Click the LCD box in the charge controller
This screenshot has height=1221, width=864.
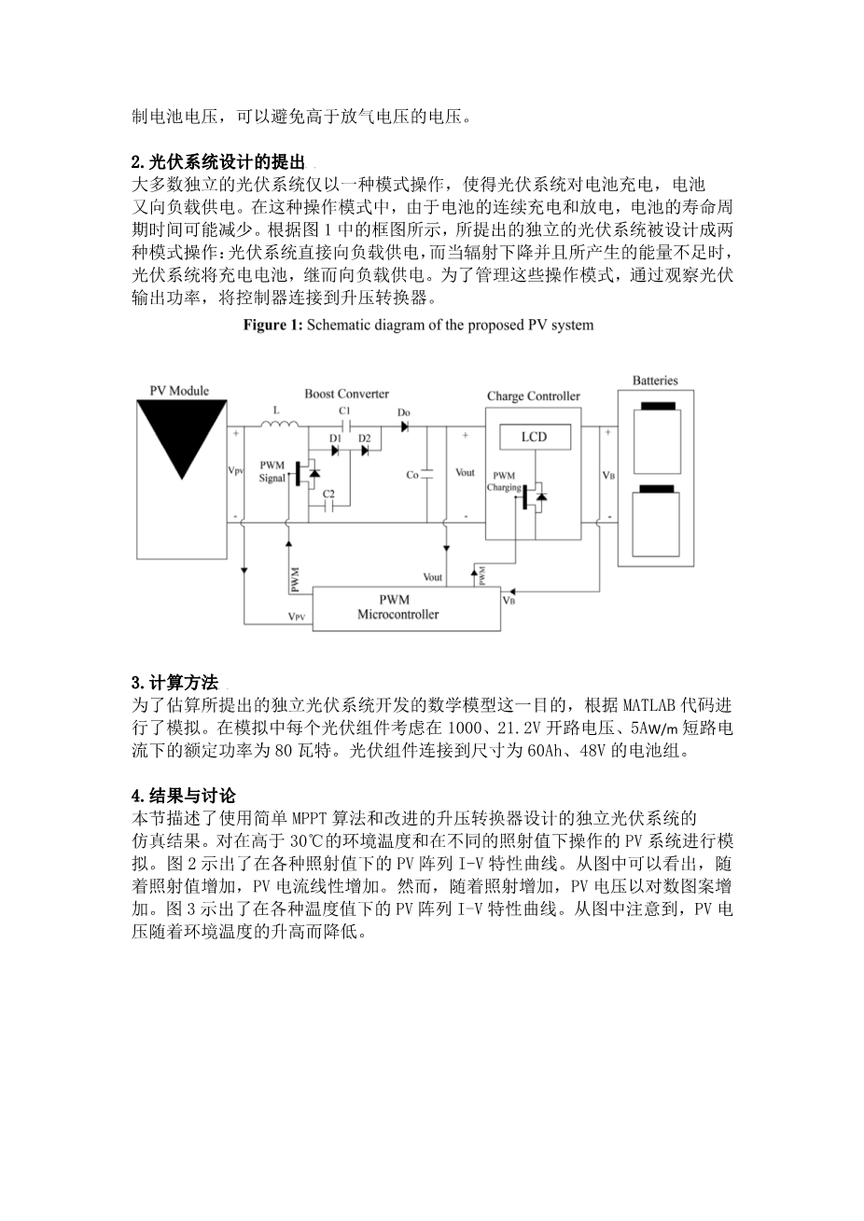(x=534, y=437)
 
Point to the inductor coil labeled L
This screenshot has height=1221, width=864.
(x=278, y=426)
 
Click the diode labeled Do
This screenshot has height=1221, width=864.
(x=404, y=427)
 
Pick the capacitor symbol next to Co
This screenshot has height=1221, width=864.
(x=427, y=474)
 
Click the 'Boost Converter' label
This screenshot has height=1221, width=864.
(x=346, y=394)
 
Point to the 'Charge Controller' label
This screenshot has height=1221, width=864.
(x=533, y=396)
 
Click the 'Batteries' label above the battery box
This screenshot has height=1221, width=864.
(x=655, y=381)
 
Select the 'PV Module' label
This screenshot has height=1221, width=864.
(x=179, y=391)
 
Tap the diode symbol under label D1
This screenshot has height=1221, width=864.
(x=336, y=450)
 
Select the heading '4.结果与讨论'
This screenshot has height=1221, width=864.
(x=183, y=796)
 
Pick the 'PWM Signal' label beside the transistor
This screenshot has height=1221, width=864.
(x=272, y=471)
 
